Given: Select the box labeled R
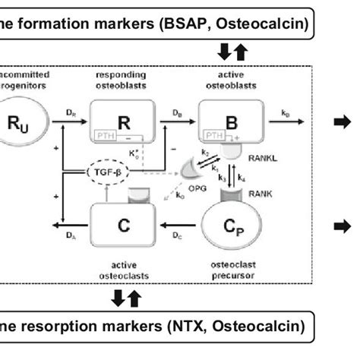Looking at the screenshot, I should (x=118, y=120).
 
